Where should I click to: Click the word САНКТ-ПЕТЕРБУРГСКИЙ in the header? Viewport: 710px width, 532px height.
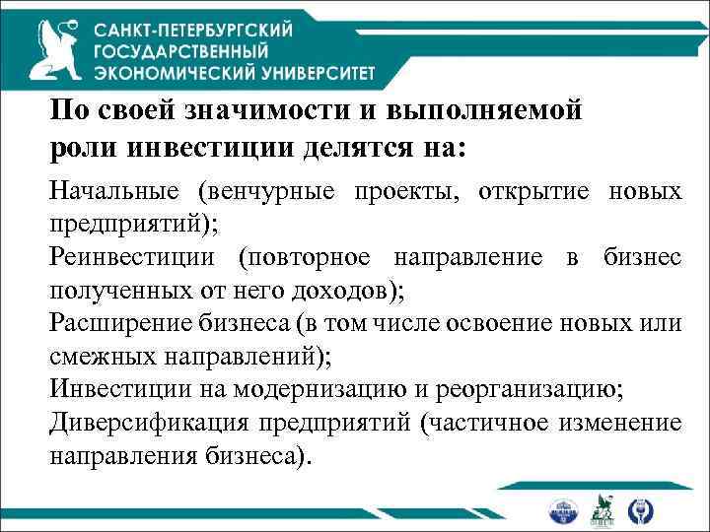(x=193, y=31)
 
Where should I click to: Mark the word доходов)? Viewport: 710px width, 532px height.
(x=339, y=291)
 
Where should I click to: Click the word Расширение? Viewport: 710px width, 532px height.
(x=115, y=324)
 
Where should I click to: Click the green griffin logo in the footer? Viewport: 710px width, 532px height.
(x=601, y=509)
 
